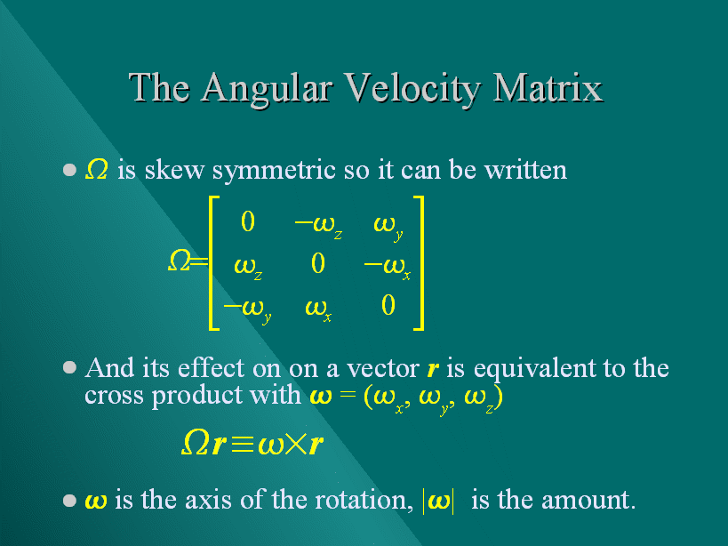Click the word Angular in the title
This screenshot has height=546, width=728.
coord(268,90)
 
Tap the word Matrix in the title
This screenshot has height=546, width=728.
coord(547,87)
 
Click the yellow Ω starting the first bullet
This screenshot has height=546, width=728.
coord(97,169)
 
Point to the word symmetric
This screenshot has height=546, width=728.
coord(274,171)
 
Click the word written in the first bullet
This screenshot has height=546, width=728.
coord(525,170)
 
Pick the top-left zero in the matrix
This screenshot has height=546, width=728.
coord(248,221)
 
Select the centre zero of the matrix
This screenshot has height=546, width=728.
coord(318,263)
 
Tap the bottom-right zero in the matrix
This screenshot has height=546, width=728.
coord(388,306)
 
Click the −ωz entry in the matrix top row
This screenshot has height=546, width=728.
coord(318,226)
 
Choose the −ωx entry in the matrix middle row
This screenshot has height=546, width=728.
coord(388,268)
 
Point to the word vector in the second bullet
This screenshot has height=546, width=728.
coord(383,369)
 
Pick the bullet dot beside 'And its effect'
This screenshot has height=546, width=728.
coord(69,368)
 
